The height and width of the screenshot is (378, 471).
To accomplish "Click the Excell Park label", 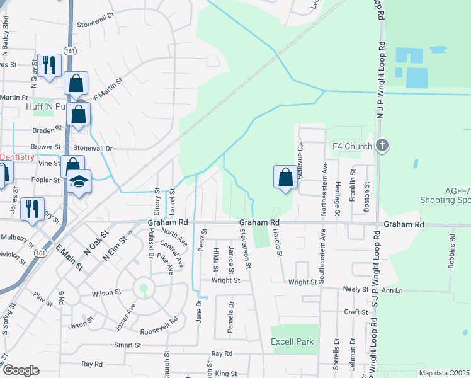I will coord(292,341).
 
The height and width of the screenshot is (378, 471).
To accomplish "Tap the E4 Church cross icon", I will coord(382,147).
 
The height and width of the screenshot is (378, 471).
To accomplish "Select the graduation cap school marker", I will coord(79,181).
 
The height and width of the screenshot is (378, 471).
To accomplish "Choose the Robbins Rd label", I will coord(451,251).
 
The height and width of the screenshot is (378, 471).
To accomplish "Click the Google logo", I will coord(21,370).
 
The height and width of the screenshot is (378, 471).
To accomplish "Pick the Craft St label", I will coord(356,312).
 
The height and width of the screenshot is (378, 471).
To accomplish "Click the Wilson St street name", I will coord(106,293).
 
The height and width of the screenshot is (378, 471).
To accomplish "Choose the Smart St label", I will coord(127,345).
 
